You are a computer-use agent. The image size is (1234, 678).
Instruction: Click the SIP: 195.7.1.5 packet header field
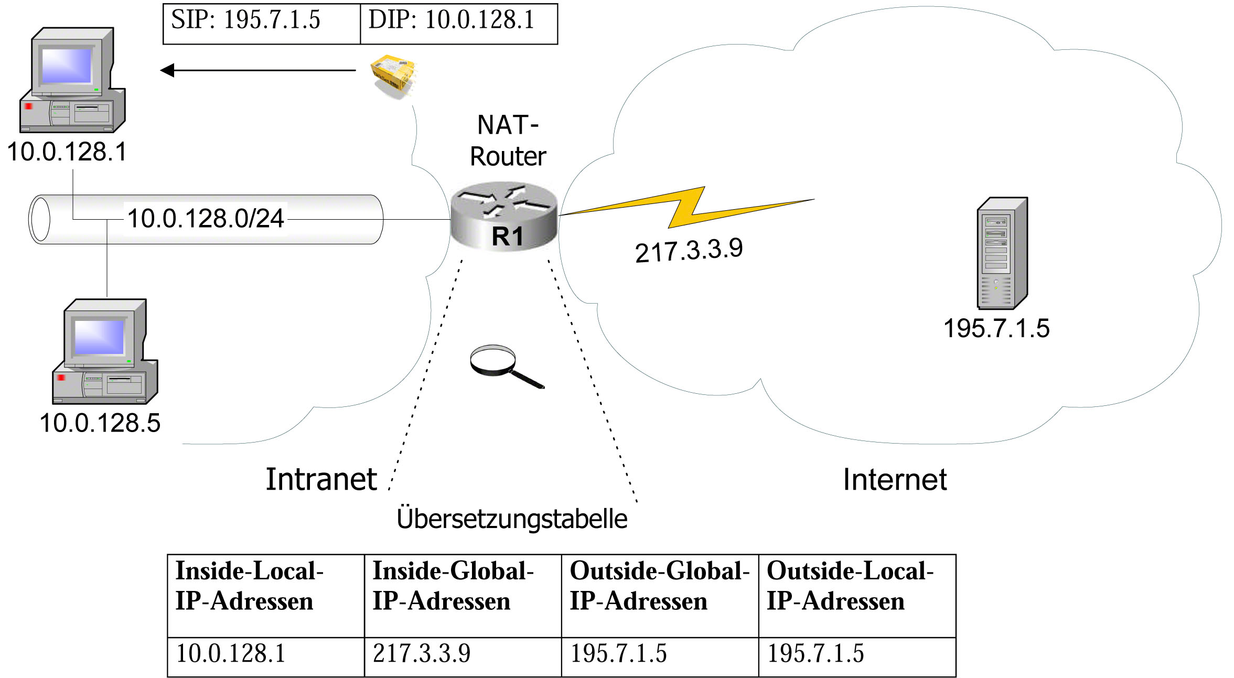[x=262, y=24]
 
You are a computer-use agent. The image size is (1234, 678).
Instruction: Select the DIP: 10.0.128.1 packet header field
[x=459, y=24]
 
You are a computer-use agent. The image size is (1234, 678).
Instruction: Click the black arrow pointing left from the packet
[x=258, y=70]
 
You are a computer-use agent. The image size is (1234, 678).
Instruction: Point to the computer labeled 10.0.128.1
[x=72, y=80]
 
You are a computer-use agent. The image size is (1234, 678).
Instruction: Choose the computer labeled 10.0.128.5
[x=105, y=351]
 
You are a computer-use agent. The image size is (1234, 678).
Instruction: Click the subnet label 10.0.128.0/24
[x=206, y=218]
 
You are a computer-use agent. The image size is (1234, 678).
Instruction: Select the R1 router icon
[x=503, y=216]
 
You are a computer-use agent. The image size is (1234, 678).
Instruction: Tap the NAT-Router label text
[x=508, y=141]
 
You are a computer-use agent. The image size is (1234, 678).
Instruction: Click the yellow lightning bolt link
[x=687, y=207]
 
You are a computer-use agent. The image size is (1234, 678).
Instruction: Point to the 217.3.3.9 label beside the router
[x=689, y=250]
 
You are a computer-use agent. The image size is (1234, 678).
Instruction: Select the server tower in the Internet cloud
[x=1002, y=253]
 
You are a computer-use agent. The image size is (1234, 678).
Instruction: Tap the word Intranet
[x=321, y=479]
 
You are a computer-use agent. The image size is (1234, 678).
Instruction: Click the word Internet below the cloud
[x=895, y=479]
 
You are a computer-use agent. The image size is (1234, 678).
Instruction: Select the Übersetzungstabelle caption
[x=512, y=519]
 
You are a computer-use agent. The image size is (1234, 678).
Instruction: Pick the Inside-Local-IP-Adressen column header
[x=266, y=596]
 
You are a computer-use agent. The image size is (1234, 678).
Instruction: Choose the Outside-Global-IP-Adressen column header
[x=660, y=596]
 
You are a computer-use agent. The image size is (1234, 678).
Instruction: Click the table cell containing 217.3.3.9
[x=463, y=657]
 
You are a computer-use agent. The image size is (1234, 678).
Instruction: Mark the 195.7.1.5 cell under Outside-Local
[x=857, y=657]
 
